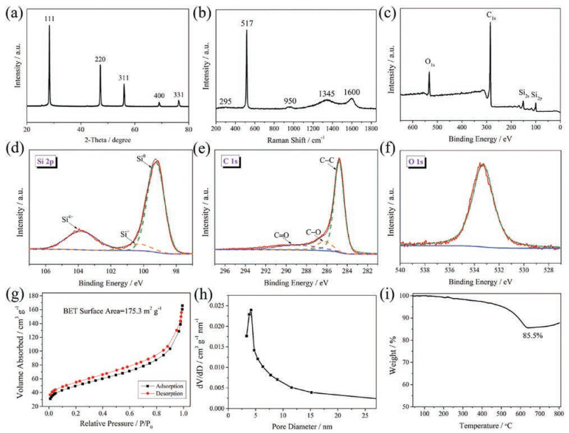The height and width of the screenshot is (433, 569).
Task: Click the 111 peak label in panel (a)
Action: pos(50,22)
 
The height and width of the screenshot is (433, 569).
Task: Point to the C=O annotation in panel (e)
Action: pos(279,236)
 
